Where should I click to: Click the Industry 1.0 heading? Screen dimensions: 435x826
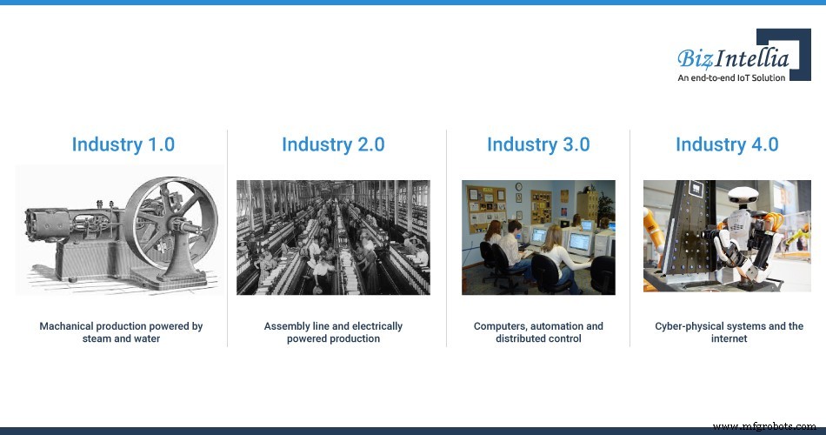(x=123, y=144)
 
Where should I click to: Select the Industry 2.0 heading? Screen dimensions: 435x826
(x=333, y=144)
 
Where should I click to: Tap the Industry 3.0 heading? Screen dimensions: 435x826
(x=538, y=144)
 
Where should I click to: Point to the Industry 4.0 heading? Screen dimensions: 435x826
(x=727, y=144)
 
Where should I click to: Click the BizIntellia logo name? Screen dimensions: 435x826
(x=733, y=58)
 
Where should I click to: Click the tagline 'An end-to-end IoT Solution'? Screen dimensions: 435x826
(x=731, y=77)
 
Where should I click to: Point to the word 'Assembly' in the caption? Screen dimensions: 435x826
(x=284, y=326)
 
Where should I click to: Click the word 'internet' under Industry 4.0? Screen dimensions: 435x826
(x=729, y=338)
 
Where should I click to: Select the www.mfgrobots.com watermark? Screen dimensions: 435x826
(x=766, y=426)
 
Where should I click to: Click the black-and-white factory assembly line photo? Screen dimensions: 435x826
(x=333, y=237)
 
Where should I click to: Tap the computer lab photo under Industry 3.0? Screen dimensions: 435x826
(x=538, y=237)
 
